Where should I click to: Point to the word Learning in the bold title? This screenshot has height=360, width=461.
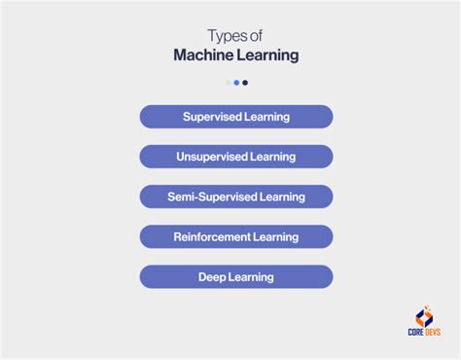269,55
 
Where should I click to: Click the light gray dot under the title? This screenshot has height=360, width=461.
228,83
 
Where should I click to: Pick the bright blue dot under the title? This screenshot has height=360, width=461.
236,83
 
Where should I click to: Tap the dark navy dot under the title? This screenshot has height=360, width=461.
245,83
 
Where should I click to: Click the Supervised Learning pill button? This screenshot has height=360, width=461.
236,117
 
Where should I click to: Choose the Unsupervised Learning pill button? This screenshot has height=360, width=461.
236,157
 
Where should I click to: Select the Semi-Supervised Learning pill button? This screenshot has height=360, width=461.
236,197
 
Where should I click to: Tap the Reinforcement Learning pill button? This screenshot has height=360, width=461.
236,236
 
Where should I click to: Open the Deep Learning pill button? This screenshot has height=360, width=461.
236,277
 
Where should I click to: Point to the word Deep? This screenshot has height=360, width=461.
212,277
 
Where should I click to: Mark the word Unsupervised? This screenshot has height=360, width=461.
212,157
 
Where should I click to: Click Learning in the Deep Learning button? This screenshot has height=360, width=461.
251,277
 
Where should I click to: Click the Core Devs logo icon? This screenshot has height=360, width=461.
424,316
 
